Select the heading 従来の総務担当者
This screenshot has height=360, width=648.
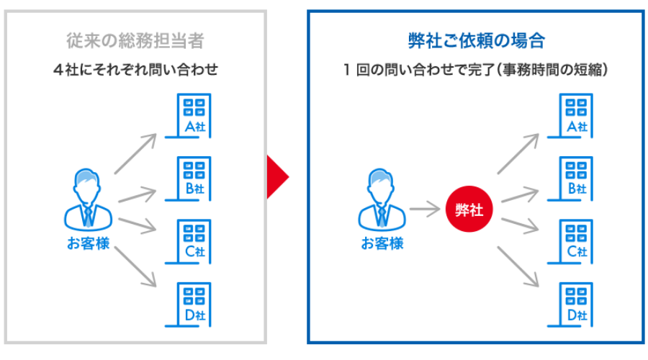(x=135, y=40)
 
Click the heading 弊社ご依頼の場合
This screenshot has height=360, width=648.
(x=477, y=40)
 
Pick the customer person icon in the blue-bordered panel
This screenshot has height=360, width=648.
(x=382, y=198)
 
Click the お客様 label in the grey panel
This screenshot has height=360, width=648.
(x=88, y=243)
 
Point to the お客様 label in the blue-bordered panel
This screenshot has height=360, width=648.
(x=382, y=243)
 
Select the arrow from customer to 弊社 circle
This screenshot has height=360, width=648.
(x=425, y=210)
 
